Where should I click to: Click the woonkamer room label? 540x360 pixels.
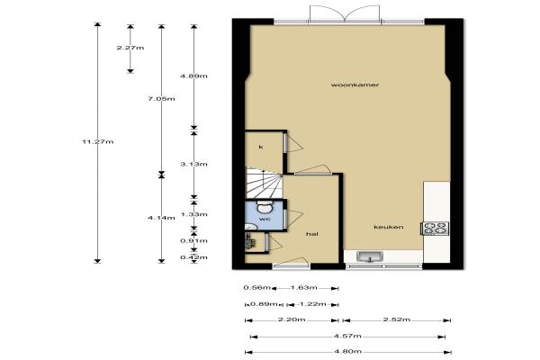pos(355,85)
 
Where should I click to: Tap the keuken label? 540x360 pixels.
pos(389,227)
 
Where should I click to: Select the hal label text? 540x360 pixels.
pos(312,234)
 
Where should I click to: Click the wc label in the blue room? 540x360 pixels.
pos(265,219)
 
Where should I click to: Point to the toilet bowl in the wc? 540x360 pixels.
pos(265,207)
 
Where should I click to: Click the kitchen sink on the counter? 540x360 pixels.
pos(370,256)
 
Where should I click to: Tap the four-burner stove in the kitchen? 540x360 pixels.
pos(436,228)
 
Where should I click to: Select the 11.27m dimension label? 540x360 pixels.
pos(97,141)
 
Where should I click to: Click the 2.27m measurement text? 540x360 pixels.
pos(130,48)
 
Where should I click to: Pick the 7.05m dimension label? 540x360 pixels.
pos(161,99)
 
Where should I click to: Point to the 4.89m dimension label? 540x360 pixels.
pos(193,76)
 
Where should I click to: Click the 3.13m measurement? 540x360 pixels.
pos(193,165)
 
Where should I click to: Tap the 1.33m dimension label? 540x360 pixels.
pos(193,214)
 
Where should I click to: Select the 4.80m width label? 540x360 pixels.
pos(347,351)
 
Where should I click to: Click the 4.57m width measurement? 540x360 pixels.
pos(347,336)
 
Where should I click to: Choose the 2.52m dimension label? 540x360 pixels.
pos(397,319)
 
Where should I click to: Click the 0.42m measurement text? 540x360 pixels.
pos(193,257)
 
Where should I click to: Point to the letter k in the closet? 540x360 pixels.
pos(261,147)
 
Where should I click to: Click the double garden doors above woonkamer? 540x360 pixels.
pos(345,14)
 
